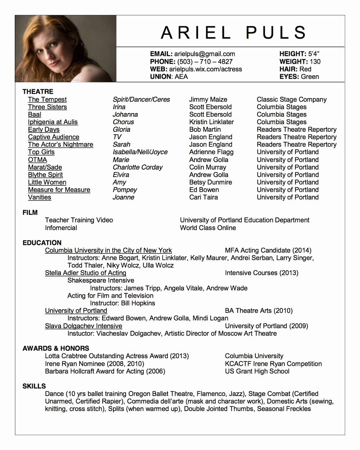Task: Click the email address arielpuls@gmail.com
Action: tap(204, 54)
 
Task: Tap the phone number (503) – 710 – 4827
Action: tap(204, 62)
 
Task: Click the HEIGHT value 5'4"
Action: tap(314, 54)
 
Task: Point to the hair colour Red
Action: tap(305, 69)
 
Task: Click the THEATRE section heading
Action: tap(38, 91)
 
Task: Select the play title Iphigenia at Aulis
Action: tap(53, 122)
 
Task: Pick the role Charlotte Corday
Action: tap(137, 167)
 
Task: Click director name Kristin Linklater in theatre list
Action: tap(211, 122)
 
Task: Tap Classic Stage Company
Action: tap(292, 99)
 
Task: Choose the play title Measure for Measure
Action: tap(59, 190)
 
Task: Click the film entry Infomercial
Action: tap(61, 228)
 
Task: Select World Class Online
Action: tap(208, 228)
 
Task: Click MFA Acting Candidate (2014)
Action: tap(268, 251)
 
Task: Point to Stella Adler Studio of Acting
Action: tap(85, 273)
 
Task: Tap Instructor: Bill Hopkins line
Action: tap(122, 303)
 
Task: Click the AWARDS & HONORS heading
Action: tap(56, 348)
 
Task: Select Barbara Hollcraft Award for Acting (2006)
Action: tap(105, 371)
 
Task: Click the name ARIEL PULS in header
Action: tap(233, 33)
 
